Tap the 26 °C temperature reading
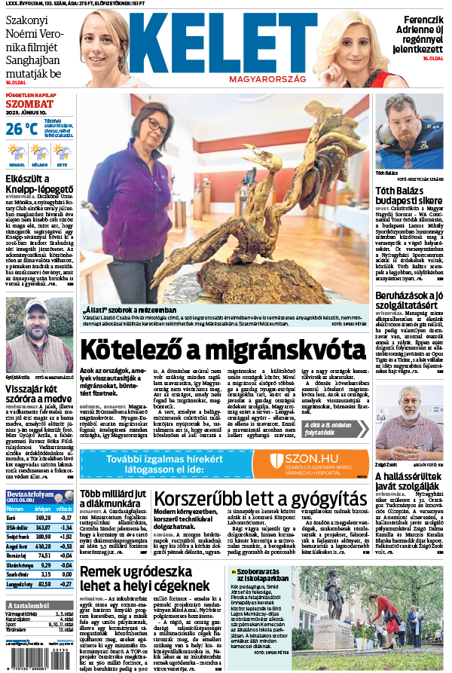pos(22,128)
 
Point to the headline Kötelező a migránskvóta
pos(225,350)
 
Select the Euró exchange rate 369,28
pos(43,518)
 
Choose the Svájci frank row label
pos(16,537)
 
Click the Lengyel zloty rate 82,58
pos(44,583)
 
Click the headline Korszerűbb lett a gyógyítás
pos(259,499)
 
